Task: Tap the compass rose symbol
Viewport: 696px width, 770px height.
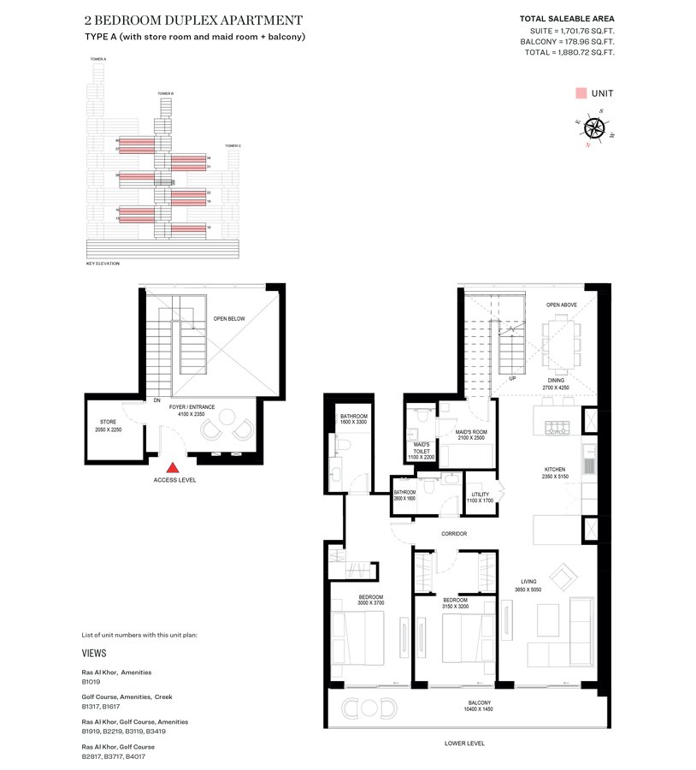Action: [x=596, y=128]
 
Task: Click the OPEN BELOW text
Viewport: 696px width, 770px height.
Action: [x=229, y=319]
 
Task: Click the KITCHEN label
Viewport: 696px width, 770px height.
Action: [x=556, y=470]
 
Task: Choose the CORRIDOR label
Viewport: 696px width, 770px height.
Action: [x=454, y=534]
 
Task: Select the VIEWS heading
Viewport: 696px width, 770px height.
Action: [x=94, y=652]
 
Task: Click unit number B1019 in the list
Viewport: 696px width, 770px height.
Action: [x=91, y=683]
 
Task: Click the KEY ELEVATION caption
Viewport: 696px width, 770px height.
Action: [x=103, y=264]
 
